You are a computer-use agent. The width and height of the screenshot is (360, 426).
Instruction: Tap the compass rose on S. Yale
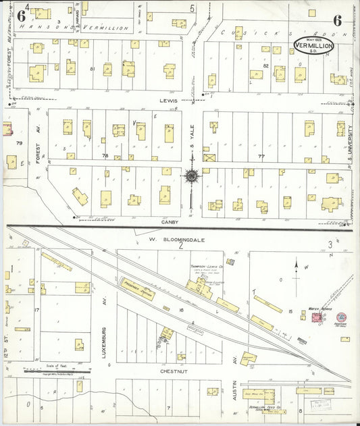[192, 177]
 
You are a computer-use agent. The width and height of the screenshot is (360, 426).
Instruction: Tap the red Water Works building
[315, 317]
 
